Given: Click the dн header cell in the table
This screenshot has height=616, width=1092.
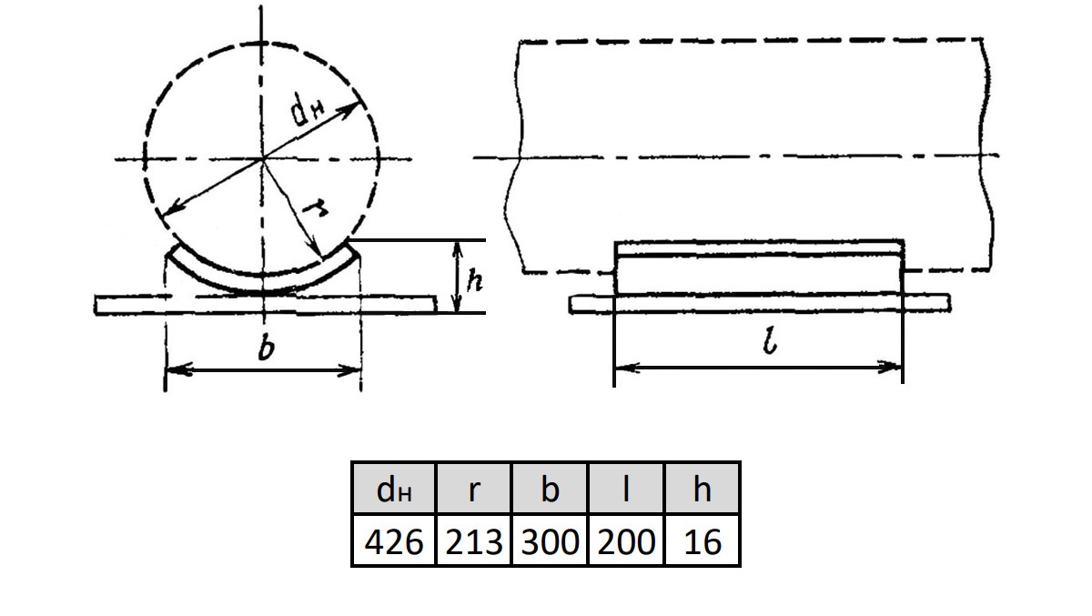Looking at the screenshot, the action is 394,489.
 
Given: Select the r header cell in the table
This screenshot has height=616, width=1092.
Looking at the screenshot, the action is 473,489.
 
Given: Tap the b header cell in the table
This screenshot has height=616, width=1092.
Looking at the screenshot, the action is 550,489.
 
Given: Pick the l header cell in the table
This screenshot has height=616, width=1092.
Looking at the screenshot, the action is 626,489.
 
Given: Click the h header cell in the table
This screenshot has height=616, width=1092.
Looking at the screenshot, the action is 702,489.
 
